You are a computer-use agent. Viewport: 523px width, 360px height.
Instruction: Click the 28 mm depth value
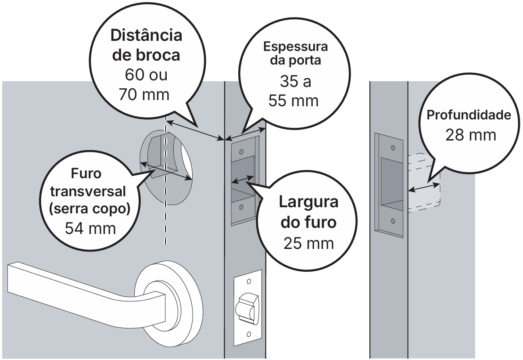pos(470,134)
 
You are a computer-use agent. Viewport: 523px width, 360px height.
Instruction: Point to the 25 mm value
pos(308,242)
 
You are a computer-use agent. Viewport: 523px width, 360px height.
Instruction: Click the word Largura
pos(309,202)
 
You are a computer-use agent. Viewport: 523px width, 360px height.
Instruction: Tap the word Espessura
pos(295,47)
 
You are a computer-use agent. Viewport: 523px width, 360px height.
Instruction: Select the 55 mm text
pos(294,101)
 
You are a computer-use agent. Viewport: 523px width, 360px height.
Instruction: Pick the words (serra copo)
pos(91,209)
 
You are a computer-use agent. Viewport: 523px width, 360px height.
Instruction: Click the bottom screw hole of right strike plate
pos(393,220)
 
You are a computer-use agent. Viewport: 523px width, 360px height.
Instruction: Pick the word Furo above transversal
pos(86,173)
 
